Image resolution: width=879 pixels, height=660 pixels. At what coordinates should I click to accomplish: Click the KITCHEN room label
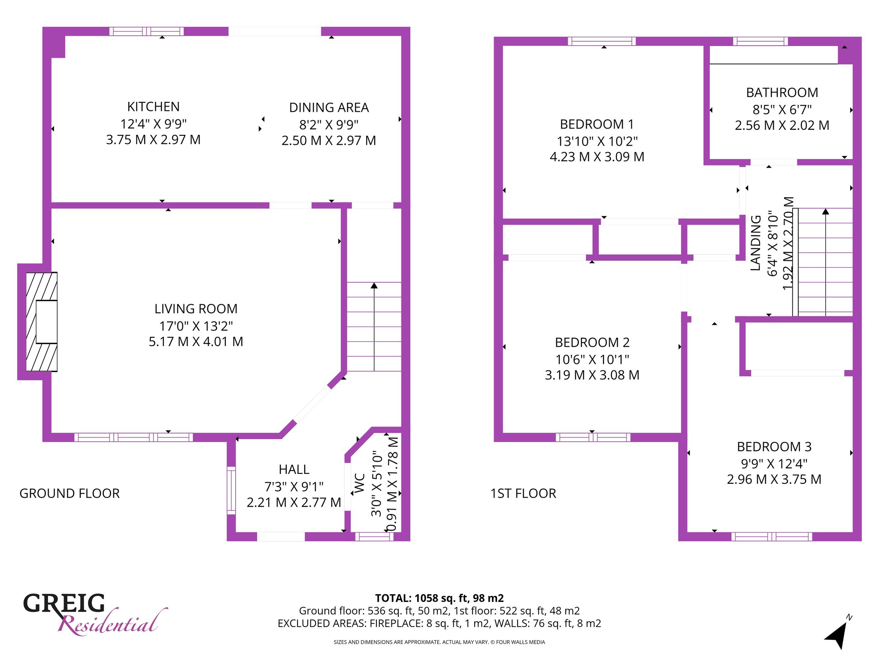click(153, 107)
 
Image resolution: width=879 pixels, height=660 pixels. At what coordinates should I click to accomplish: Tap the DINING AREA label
click(329, 107)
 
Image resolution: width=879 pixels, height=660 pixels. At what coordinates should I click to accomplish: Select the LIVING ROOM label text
click(196, 309)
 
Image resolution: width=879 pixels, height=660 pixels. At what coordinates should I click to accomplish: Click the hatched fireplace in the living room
click(42, 322)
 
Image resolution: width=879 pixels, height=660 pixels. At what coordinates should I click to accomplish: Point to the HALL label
click(294, 469)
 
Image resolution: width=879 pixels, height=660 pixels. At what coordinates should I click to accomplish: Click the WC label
click(360, 483)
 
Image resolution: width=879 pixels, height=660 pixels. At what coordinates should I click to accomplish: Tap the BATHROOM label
click(782, 92)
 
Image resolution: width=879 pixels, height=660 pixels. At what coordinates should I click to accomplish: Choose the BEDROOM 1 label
click(597, 124)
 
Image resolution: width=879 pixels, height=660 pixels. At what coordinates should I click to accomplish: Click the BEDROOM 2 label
click(592, 342)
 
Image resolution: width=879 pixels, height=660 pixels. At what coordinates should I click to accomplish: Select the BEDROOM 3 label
click(774, 447)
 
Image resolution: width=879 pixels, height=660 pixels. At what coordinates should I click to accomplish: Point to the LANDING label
click(755, 243)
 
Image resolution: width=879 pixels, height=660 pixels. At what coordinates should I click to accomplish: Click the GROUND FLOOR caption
click(70, 493)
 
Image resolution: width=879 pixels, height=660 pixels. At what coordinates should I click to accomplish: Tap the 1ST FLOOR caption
click(523, 493)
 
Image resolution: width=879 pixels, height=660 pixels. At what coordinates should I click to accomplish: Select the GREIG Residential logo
click(94, 614)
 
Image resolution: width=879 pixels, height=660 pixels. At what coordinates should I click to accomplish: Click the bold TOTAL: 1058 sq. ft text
click(439, 598)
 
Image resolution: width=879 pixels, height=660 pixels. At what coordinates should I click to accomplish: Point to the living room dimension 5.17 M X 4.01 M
click(196, 342)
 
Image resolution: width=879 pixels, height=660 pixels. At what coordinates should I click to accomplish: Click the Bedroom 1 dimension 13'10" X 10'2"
click(597, 141)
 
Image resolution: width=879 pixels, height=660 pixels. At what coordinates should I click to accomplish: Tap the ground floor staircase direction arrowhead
click(374, 285)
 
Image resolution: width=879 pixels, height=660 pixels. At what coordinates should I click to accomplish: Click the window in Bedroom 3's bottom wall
click(772, 536)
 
